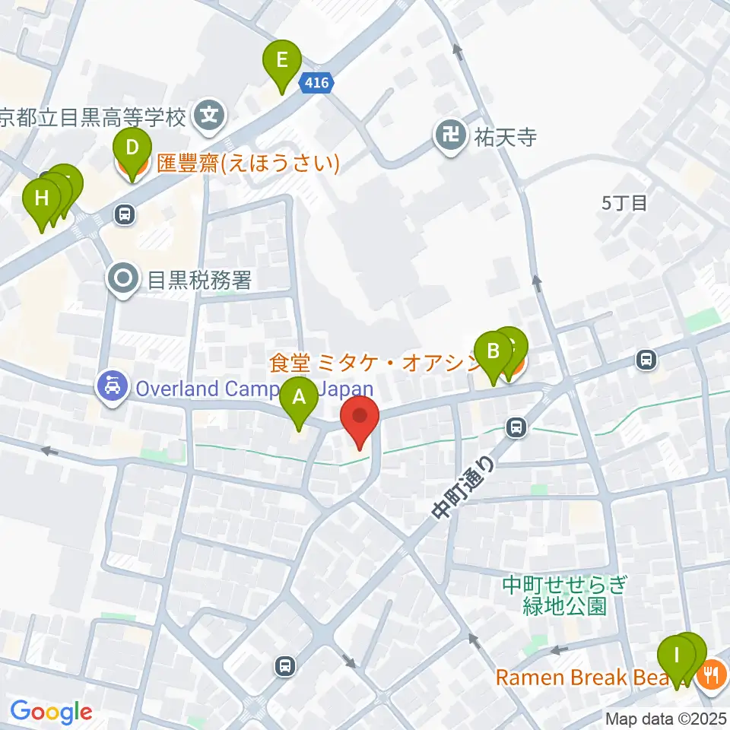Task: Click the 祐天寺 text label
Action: click(496, 138)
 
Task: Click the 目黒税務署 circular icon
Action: click(122, 280)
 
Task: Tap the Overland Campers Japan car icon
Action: click(113, 388)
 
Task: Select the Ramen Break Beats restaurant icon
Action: click(713, 674)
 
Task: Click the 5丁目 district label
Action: click(624, 203)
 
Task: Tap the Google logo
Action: click(51, 713)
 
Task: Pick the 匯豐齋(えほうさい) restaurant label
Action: click(248, 163)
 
